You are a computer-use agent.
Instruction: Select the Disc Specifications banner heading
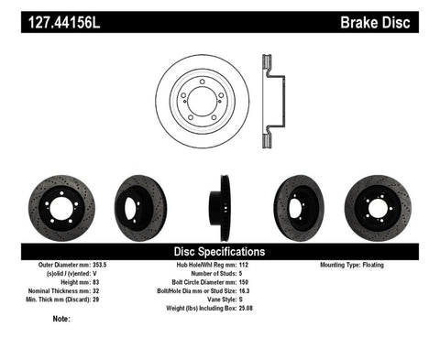(x=219, y=250)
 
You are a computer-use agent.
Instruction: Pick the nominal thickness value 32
(x=108, y=289)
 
